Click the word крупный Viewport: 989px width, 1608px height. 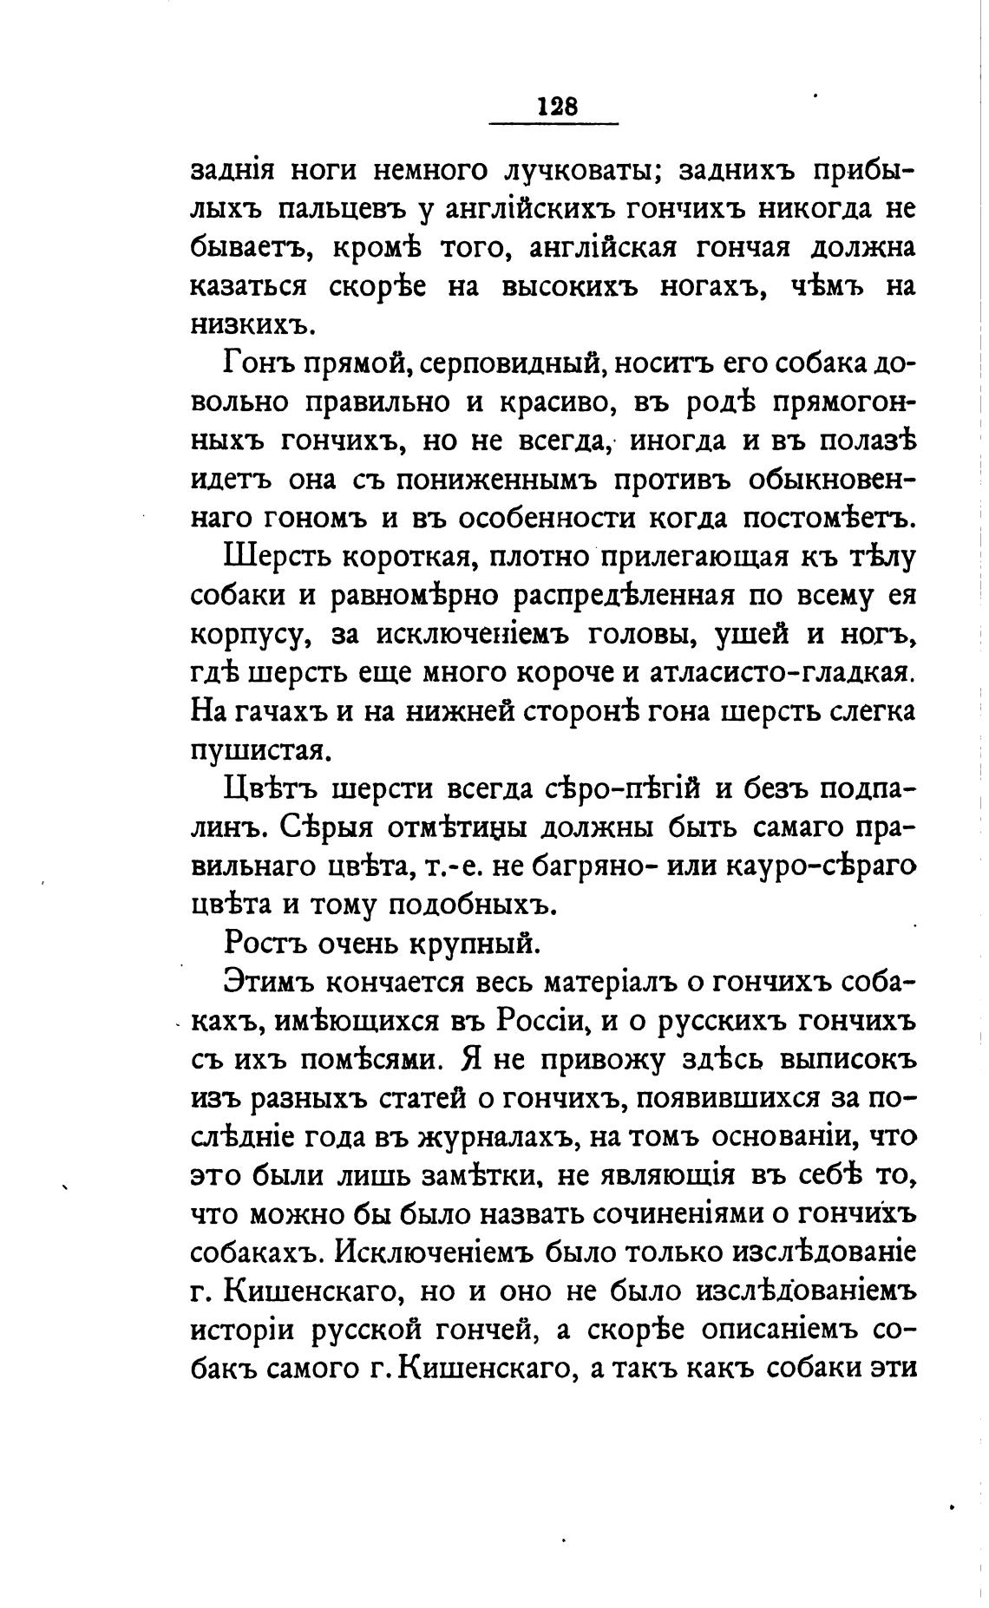[478, 940]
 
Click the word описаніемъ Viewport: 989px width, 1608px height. [776, 1328]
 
